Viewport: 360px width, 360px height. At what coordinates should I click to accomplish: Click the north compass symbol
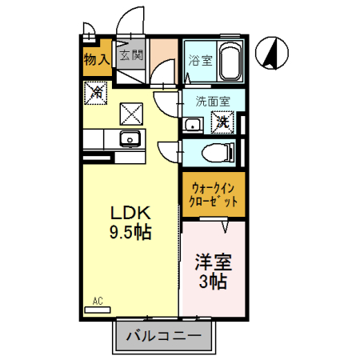[272, 53]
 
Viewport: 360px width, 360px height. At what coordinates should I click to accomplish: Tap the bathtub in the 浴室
[230, 61]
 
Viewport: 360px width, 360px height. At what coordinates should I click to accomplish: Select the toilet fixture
[218, 153]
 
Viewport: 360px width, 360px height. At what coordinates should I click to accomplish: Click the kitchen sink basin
[130, 138]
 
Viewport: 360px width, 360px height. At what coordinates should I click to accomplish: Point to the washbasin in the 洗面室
[193, 125]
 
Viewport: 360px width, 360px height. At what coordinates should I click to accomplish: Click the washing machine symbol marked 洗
[222, 122]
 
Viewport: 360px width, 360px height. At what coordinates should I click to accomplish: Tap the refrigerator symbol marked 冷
[96, 93]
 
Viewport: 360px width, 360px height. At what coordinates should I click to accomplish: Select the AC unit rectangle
[98, 310]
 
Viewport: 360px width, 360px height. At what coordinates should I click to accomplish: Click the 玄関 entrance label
[131, 55]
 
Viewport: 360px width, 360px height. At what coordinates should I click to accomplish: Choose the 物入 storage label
[97, 59]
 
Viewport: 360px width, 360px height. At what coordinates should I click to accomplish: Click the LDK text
[130, 213]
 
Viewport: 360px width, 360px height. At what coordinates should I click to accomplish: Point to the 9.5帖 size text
[130, 232]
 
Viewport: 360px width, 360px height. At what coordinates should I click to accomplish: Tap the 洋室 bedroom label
[214, 262]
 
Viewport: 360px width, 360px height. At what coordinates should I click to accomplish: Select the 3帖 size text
[213, 282]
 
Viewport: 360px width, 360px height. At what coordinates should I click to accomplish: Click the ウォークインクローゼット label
[214, 195]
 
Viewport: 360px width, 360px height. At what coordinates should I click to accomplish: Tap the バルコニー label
[163, 336]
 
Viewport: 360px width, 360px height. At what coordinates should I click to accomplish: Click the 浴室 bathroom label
[200, 60]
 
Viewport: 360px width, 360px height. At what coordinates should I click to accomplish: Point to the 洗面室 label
[213, 102]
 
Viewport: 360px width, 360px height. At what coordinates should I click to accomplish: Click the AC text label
[98, 301]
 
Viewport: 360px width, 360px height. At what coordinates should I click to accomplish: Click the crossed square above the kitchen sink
[131, 114]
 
